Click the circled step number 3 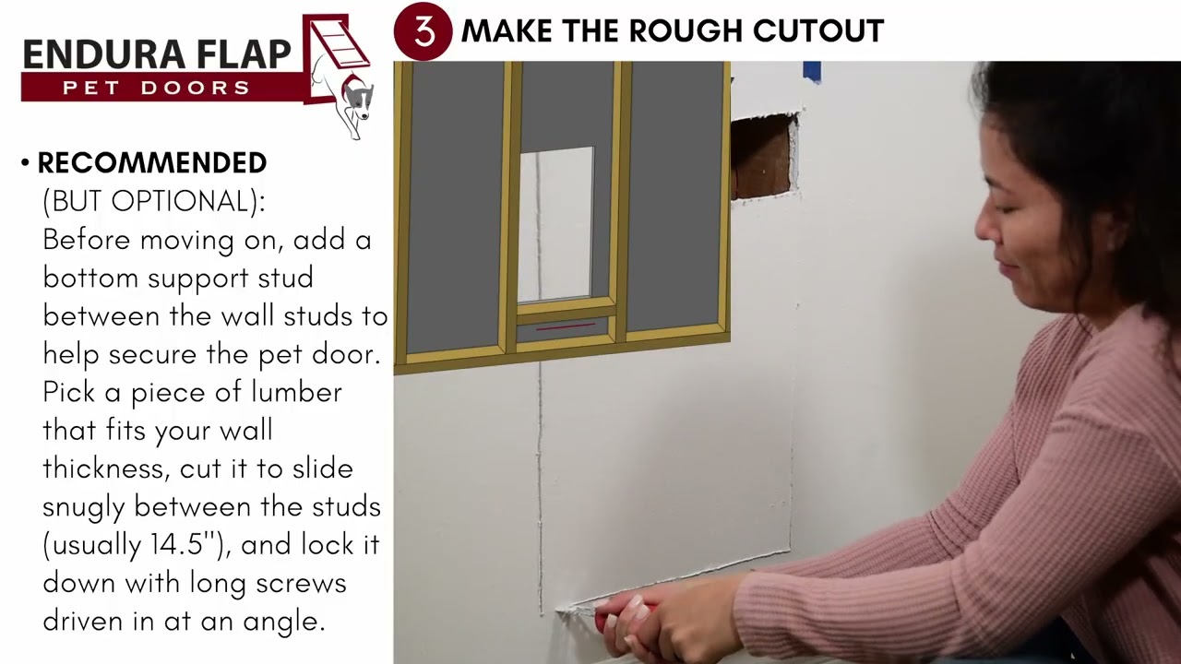point(423,31)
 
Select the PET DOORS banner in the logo point(157,88)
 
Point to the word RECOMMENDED point(152,163)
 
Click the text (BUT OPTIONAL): point(154,201)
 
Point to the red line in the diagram point(565,326)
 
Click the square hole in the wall point(762,155)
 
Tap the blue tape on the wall point(812,71)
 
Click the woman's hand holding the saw point(646,622)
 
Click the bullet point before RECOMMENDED point(26,164)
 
